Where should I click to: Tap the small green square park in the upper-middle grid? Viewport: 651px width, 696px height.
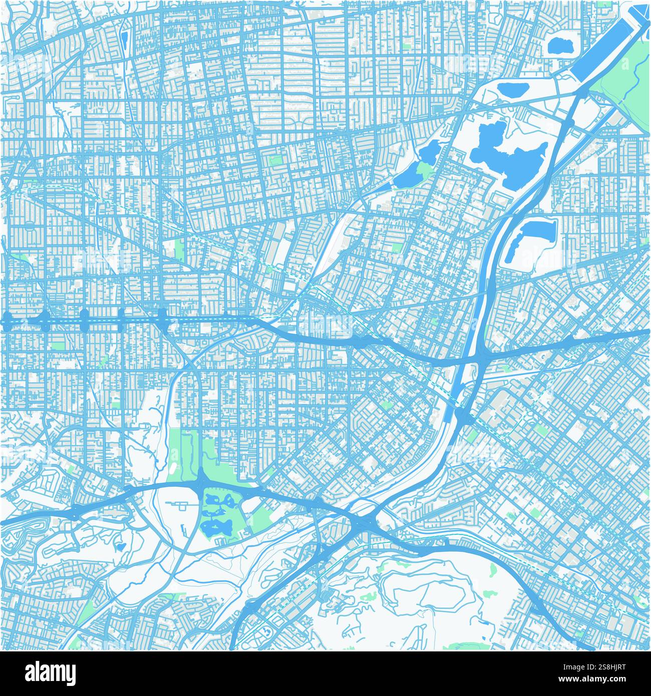coord(274,161)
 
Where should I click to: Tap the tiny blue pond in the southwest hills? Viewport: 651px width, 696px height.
coord(120,545)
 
